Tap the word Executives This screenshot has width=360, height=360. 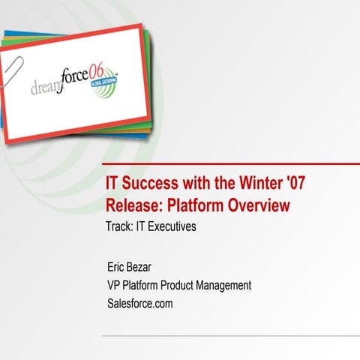pos(166,226)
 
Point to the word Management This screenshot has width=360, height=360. pos(226,285)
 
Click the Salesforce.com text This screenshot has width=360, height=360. pos(140,303)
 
